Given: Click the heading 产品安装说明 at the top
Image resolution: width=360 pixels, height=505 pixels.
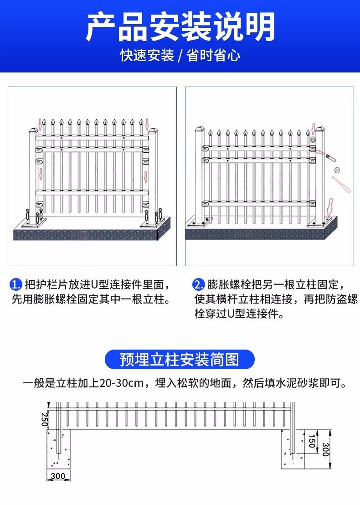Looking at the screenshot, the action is click(180, 26).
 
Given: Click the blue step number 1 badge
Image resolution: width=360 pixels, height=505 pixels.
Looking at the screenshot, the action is click(16, 285).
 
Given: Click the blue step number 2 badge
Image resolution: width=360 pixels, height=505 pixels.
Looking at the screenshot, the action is click(198, 285).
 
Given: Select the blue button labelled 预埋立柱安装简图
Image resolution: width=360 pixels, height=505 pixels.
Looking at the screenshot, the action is click(180, 359).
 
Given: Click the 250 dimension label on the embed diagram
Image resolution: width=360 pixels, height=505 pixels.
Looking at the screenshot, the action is click(44, 419).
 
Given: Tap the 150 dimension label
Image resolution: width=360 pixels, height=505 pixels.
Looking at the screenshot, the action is click(311, 441).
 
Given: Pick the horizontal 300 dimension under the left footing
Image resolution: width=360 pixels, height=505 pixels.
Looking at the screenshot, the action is click(58, 477).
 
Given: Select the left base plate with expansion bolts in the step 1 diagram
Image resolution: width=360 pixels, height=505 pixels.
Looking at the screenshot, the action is click(35, 222).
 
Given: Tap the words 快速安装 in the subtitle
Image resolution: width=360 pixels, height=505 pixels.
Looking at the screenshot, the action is click(147, 56).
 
